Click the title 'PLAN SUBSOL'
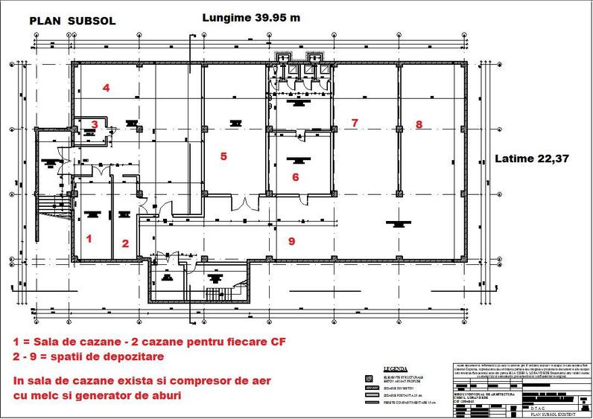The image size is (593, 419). point(72,22)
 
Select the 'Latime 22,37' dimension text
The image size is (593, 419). point(532,159)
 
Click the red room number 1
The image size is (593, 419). point(89,239)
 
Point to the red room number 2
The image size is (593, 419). point(125,243)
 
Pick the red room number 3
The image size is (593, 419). point(95,124)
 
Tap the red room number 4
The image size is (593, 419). point(107,88)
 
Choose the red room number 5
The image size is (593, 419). point(222,156)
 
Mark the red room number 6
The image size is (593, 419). point(295,177)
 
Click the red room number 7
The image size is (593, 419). point(355,122)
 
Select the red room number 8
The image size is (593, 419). point(419,124)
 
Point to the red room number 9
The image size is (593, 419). point(291,240)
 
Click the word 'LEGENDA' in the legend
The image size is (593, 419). point(395,368)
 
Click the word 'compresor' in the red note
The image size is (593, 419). point(176,381)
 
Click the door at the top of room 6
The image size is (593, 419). point(299,135)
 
